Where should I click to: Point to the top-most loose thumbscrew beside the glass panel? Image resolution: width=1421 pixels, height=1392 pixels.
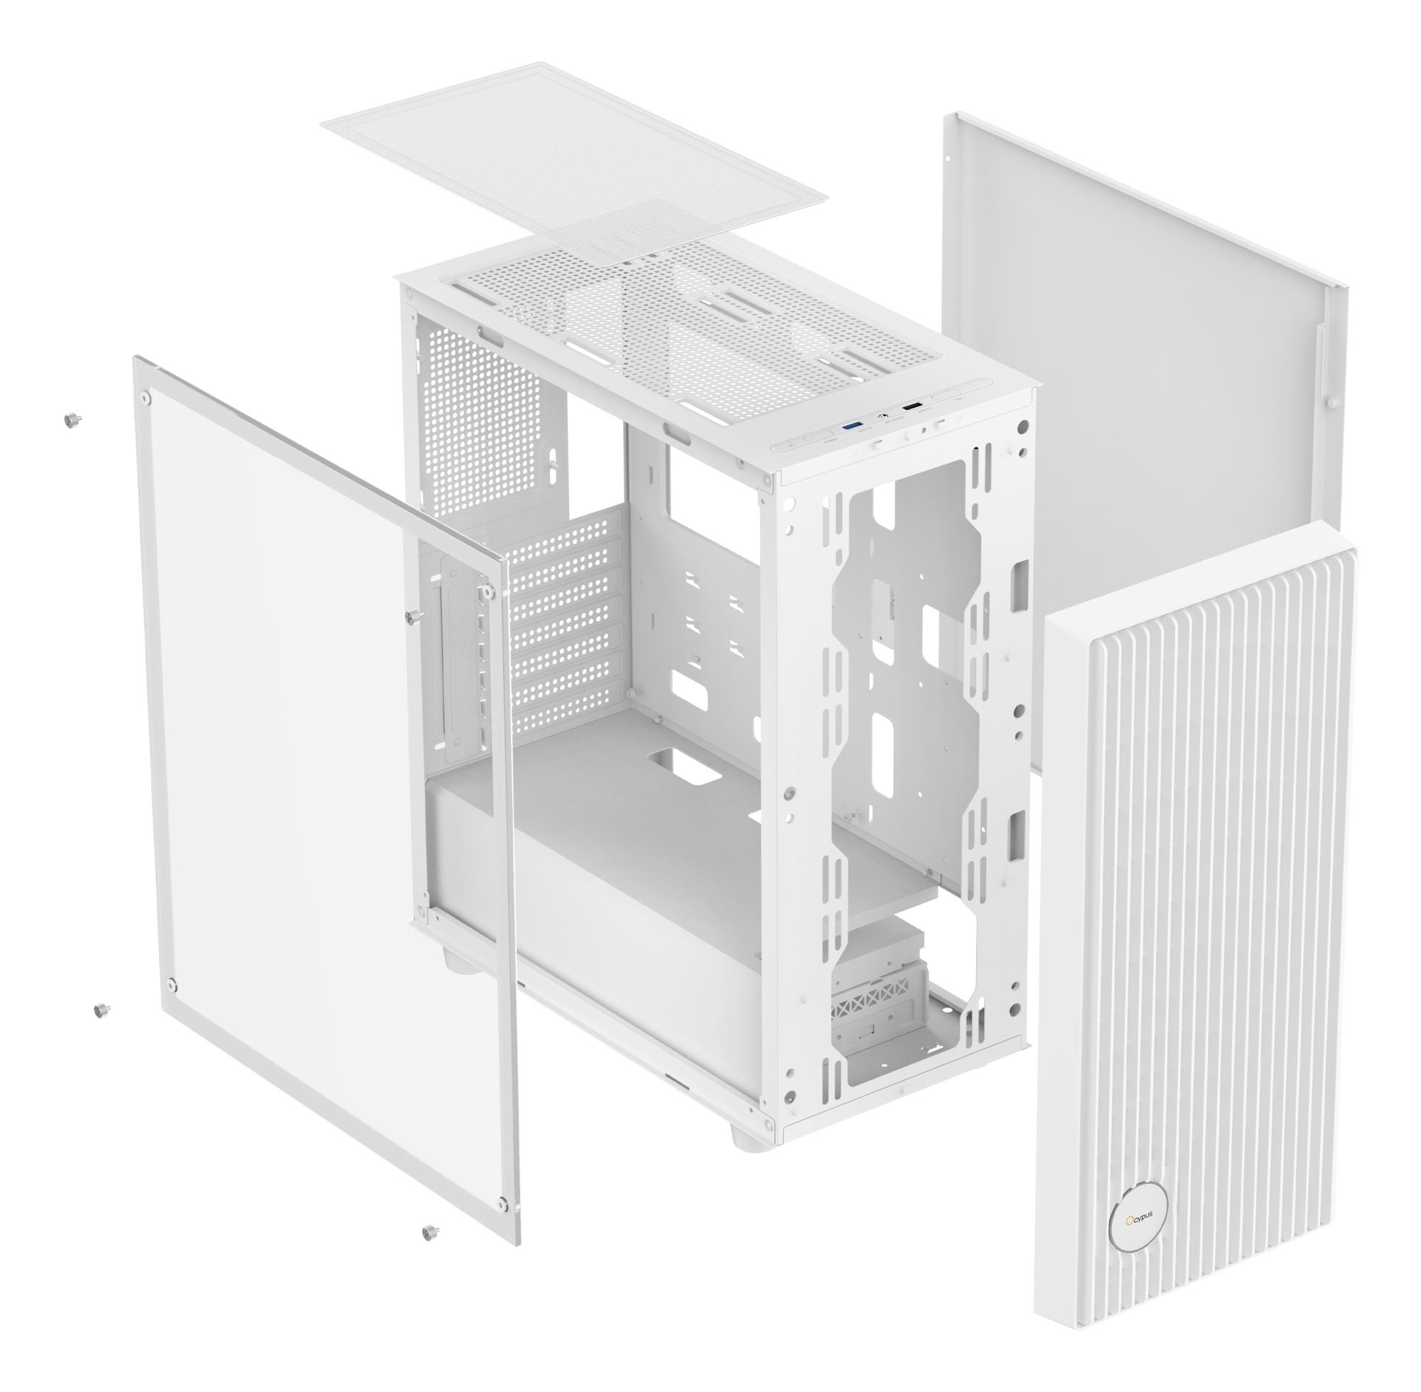coord(72,419)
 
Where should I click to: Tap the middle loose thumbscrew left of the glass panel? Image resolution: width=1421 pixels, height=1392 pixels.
coord(100,1010)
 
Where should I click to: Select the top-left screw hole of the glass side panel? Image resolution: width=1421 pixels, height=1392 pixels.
coord(147,399)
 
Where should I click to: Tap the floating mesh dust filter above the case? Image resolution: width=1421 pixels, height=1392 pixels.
coord(574,164)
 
